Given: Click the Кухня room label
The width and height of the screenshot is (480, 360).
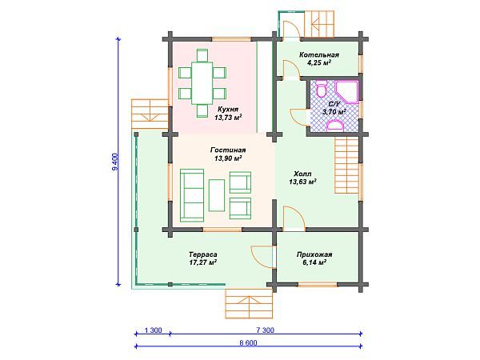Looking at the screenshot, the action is click(x=228, y=110).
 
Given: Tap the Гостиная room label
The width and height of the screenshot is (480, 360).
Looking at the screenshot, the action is click(x=228, y=150).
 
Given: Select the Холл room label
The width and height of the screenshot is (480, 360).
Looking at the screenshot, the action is click(x=302, y=174).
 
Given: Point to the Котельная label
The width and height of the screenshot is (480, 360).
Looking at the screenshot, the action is click(x=319, y=55).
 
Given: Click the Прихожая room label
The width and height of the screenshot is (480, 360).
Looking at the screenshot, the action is click(x=314, y=254).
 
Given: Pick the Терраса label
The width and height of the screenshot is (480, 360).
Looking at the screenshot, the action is click(x=203, y=254).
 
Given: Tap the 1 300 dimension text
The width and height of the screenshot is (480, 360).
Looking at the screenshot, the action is click(x=153, y=330).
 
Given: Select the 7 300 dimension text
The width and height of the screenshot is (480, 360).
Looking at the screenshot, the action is click(x=265, y=330).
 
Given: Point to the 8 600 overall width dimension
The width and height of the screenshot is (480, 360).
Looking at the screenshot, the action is click(x=248, y=343).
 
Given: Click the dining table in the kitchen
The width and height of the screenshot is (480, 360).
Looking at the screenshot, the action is click(x=202, y=83).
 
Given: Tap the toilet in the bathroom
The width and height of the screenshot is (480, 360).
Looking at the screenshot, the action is click(x=321, y=89).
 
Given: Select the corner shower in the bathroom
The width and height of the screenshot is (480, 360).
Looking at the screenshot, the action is click(x=346, y=91).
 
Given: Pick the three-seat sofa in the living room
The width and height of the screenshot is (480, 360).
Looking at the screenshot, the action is click(x=192, y=195).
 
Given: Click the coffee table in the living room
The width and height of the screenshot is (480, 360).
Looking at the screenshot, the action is click(x=217, y=195).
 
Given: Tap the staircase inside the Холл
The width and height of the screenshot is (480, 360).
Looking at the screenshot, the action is click(x=346, y=165).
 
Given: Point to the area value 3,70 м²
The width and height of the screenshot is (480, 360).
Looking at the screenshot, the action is click(x=334, y=112).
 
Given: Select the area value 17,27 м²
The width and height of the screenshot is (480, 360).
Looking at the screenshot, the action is click(x=203, y=262).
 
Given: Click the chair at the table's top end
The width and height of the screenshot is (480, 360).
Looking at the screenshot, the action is click(x=202, y=55).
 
